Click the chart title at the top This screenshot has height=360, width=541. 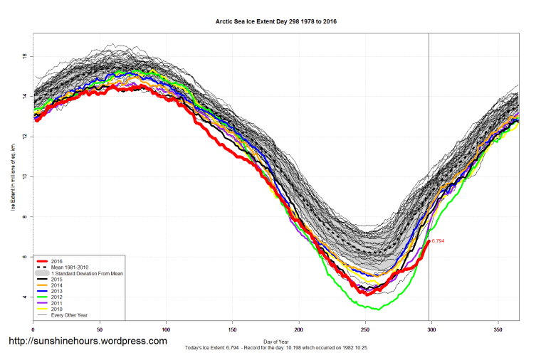pyautogui.click(x=276, y=21)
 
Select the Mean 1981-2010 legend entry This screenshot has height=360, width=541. pyautogui.click(x=70, y=267)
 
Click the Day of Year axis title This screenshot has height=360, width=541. pyautogui.click(x=276, y=341)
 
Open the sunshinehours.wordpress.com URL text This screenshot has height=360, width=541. pyautogui.click(x=87, y=342)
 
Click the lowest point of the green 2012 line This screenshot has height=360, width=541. pyautogui.click(x=378, y=309)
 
